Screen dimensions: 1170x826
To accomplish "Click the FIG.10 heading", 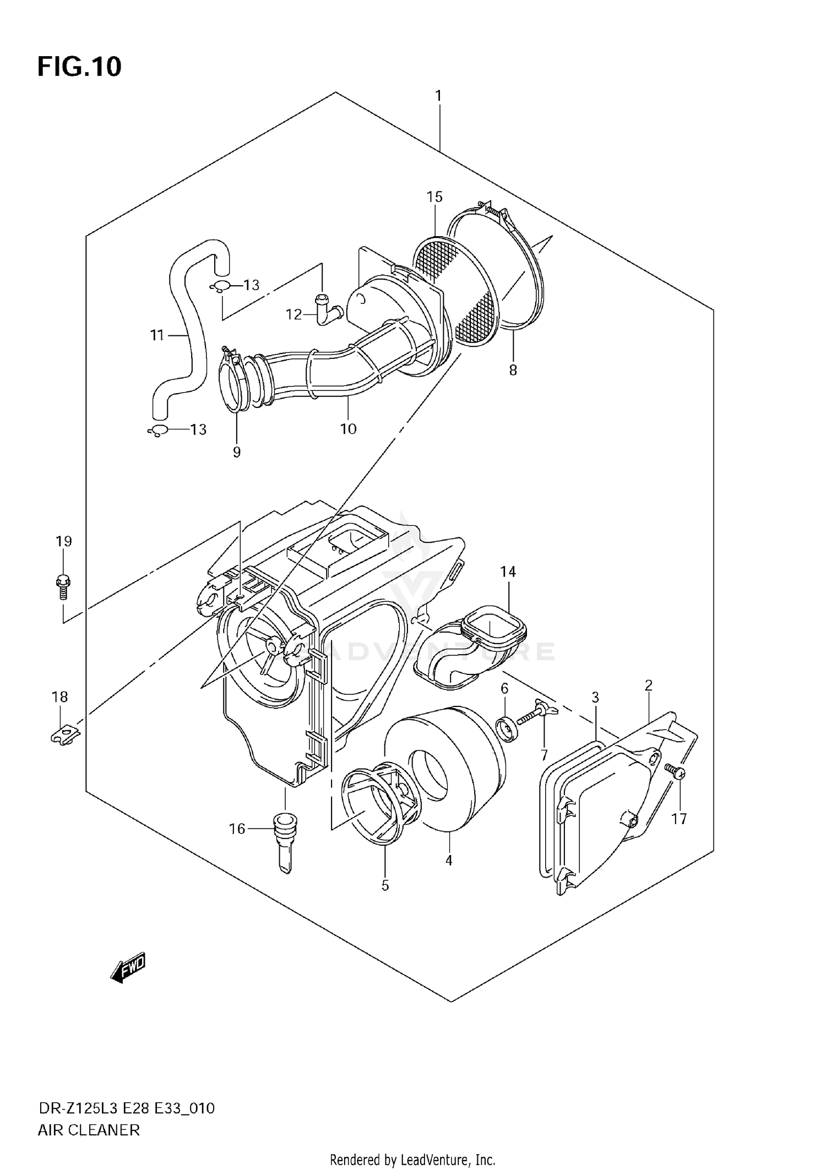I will click(79, 67).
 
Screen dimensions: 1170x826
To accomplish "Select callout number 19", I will click(64, 541).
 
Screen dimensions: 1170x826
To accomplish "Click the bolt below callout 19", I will click(63, 587).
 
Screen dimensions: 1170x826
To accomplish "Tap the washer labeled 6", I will click(507, 730).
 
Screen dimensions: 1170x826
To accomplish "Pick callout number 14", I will click(508, 572).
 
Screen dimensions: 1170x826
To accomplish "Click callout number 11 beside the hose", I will click(157, 335).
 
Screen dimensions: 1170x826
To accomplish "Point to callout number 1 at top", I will click(438, 96).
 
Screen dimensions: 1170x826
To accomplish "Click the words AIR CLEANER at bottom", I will click(89, 1130).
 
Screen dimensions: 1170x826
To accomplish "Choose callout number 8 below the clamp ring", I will click(513, 371).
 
